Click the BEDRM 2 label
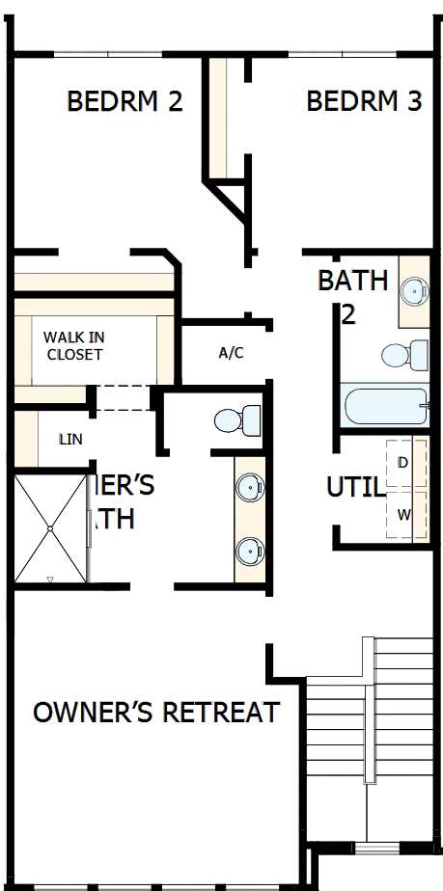tap(125, 101)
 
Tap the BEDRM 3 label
tap(364, 101)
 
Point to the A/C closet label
tap(231, 353)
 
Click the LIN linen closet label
tap(69, 440)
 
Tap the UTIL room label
tap(354, 487)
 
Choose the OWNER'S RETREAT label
tap(156, 713)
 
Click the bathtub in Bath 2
tap(384, 406)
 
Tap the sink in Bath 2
tap(414, 289)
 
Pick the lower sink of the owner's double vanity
tap(251, 551)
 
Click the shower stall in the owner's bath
tap(50, 528)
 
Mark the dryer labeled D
tap(403, 464)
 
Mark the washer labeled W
tap(403, 514)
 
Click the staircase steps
tap(400, 733)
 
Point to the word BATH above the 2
tap(352, 281)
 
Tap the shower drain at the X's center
tap(50, 528)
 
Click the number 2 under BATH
tap(347, 313)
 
